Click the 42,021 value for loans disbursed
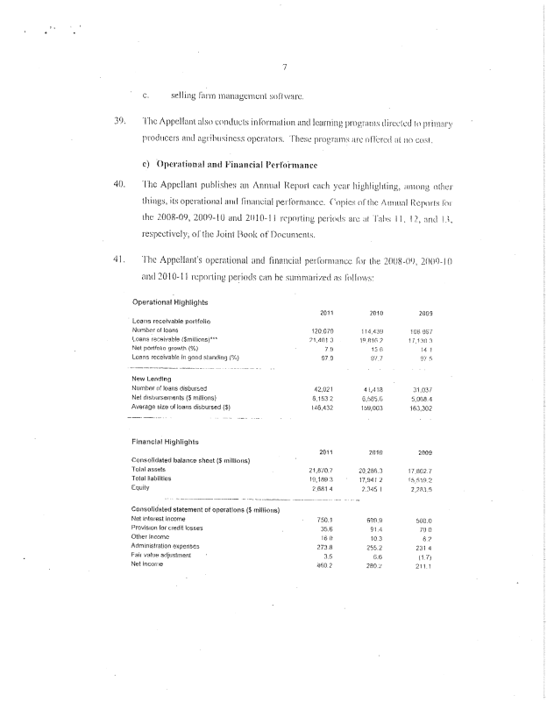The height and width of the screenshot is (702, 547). (x=327, y=386)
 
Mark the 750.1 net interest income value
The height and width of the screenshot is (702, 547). (x=329, y=520)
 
